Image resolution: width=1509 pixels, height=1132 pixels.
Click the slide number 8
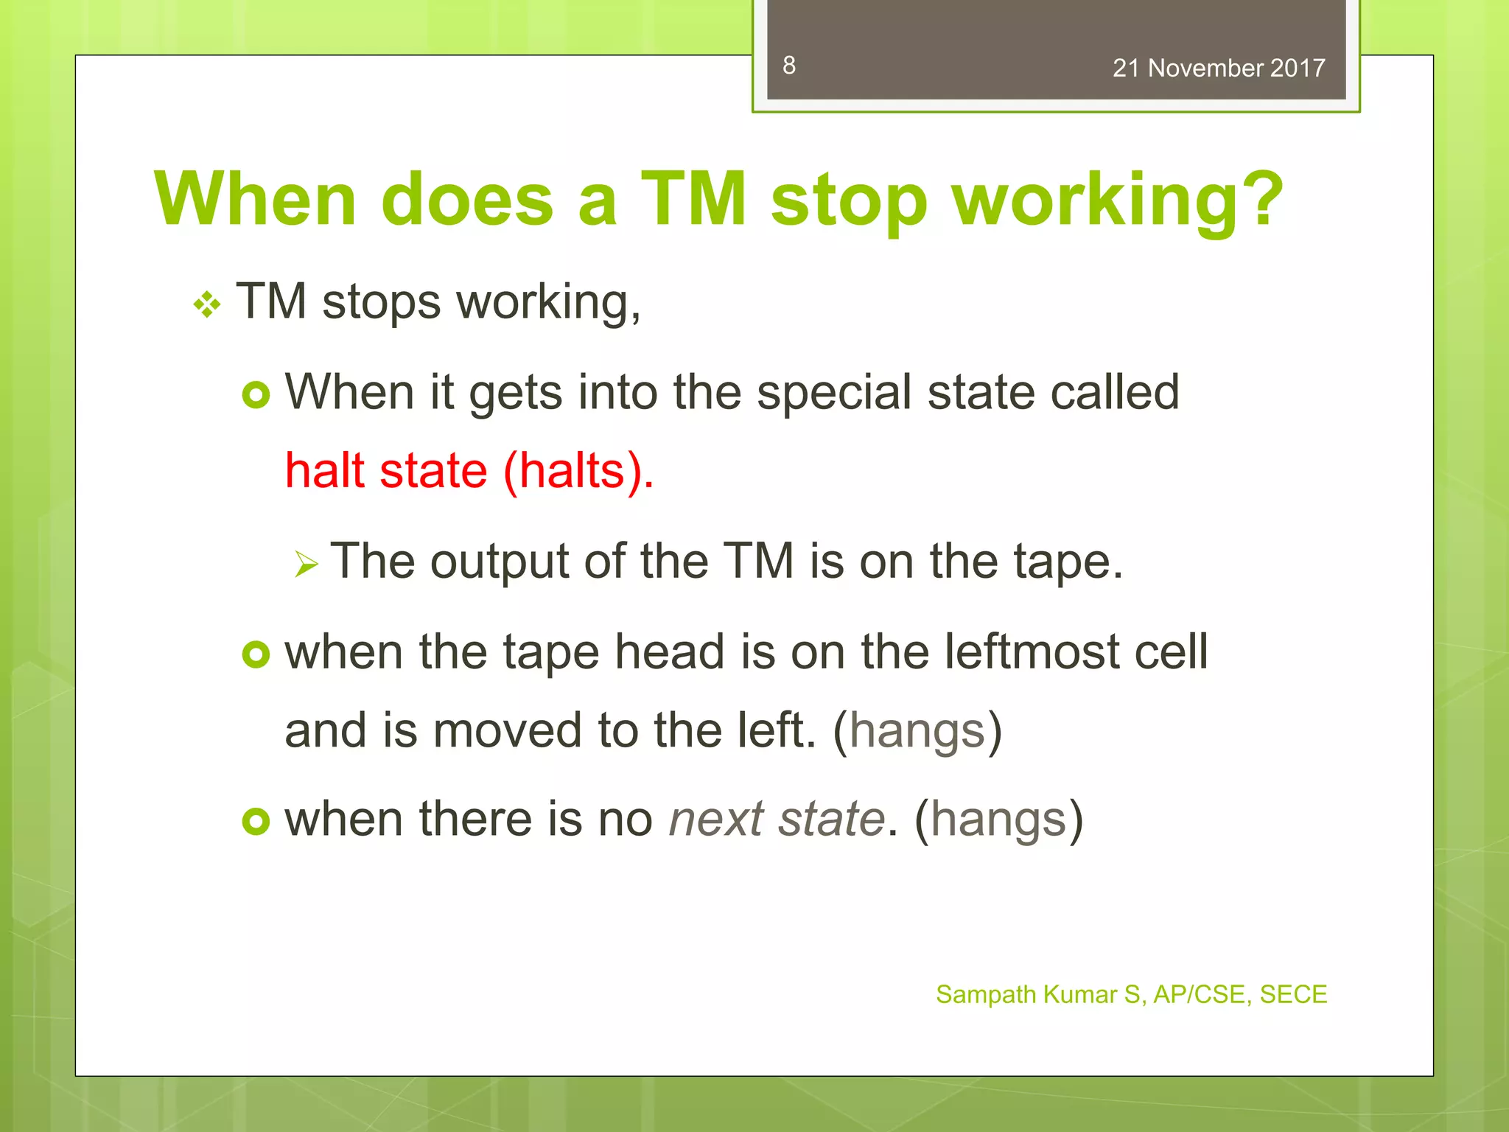point(789,66)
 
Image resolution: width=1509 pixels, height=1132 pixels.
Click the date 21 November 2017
point(1218,69)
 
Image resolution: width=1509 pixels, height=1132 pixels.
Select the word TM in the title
point(693,199)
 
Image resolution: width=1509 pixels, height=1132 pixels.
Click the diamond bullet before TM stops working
point(207,304)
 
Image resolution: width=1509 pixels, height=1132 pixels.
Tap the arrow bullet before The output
point(307,565)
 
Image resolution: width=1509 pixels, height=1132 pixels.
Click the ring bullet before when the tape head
point(256,654)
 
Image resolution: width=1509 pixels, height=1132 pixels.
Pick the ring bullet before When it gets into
point(256,396)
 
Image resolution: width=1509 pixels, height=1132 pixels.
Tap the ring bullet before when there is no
point(256,821)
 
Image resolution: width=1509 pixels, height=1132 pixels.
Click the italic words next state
point(776,819)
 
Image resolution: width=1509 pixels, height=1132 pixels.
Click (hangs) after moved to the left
point(917,731)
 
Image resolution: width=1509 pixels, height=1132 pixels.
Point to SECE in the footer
point(1293,994)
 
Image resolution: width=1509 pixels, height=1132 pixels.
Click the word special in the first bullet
point(834,393)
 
